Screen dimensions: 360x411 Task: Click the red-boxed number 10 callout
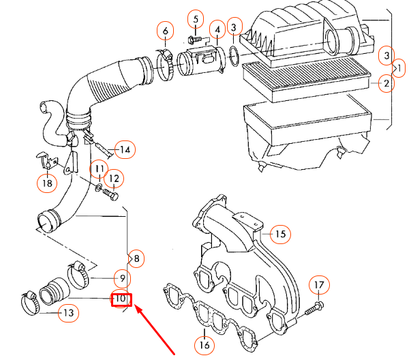pos(121,299)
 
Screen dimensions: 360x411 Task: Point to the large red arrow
pos(156,331)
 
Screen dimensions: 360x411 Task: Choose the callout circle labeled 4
pos(217,29)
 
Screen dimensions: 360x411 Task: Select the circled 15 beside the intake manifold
pos(279,234)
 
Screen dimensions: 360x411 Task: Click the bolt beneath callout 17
pos(314,309)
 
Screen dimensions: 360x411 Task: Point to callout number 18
pos(46,182)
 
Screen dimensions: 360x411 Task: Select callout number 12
pos(114,179)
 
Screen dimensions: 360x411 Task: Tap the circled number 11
pos(99,168)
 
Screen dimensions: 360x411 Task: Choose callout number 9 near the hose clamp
pos(121,278)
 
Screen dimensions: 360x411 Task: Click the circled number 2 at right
pos(386,84)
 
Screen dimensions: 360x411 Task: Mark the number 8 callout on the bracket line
pos(136,258)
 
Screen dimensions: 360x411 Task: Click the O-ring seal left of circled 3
pos(232,55)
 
